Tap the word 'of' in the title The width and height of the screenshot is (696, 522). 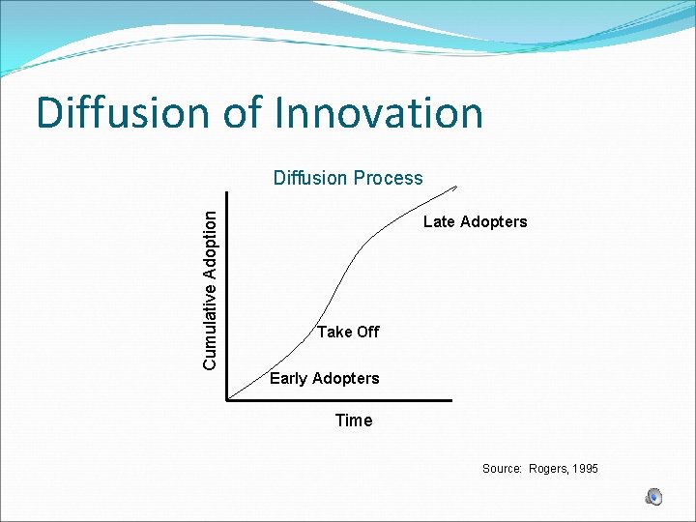tap(242, 113)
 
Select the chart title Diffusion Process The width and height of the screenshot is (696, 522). tap(348, 178)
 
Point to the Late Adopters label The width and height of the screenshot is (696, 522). tap(475, 222)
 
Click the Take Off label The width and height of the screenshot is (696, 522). tap(348, 333)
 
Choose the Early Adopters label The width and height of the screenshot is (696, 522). tap(324, 379)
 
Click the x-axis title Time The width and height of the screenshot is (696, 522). tap(353, 420)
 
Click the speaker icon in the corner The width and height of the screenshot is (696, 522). tap(654, 497)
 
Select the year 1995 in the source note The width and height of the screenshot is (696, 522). tap(585, 469)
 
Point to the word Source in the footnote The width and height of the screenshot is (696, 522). tap(502, 469)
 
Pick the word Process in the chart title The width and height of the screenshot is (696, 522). tap(389, 178)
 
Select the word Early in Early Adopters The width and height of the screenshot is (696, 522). tap(288, 379)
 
